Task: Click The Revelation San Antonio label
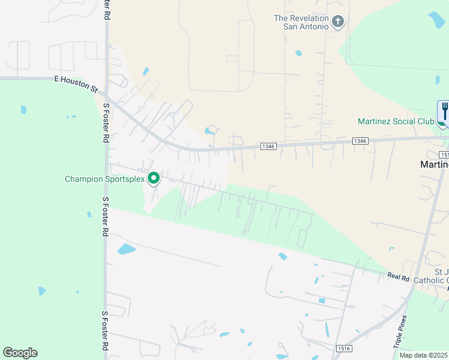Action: point(301,22)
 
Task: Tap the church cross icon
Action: point(338,22)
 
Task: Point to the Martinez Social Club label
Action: point(396,121)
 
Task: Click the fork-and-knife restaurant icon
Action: point(444,111)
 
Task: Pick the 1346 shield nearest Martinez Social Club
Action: point(360,141)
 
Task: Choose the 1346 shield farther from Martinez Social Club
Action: point(268,146)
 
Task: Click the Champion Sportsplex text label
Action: point(105,179)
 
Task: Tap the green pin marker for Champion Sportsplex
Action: point(154,178)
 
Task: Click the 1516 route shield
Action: point(344,348)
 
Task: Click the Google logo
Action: point(20,353)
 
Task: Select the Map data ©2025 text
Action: point(423,355)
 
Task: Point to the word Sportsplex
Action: point(122,179)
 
